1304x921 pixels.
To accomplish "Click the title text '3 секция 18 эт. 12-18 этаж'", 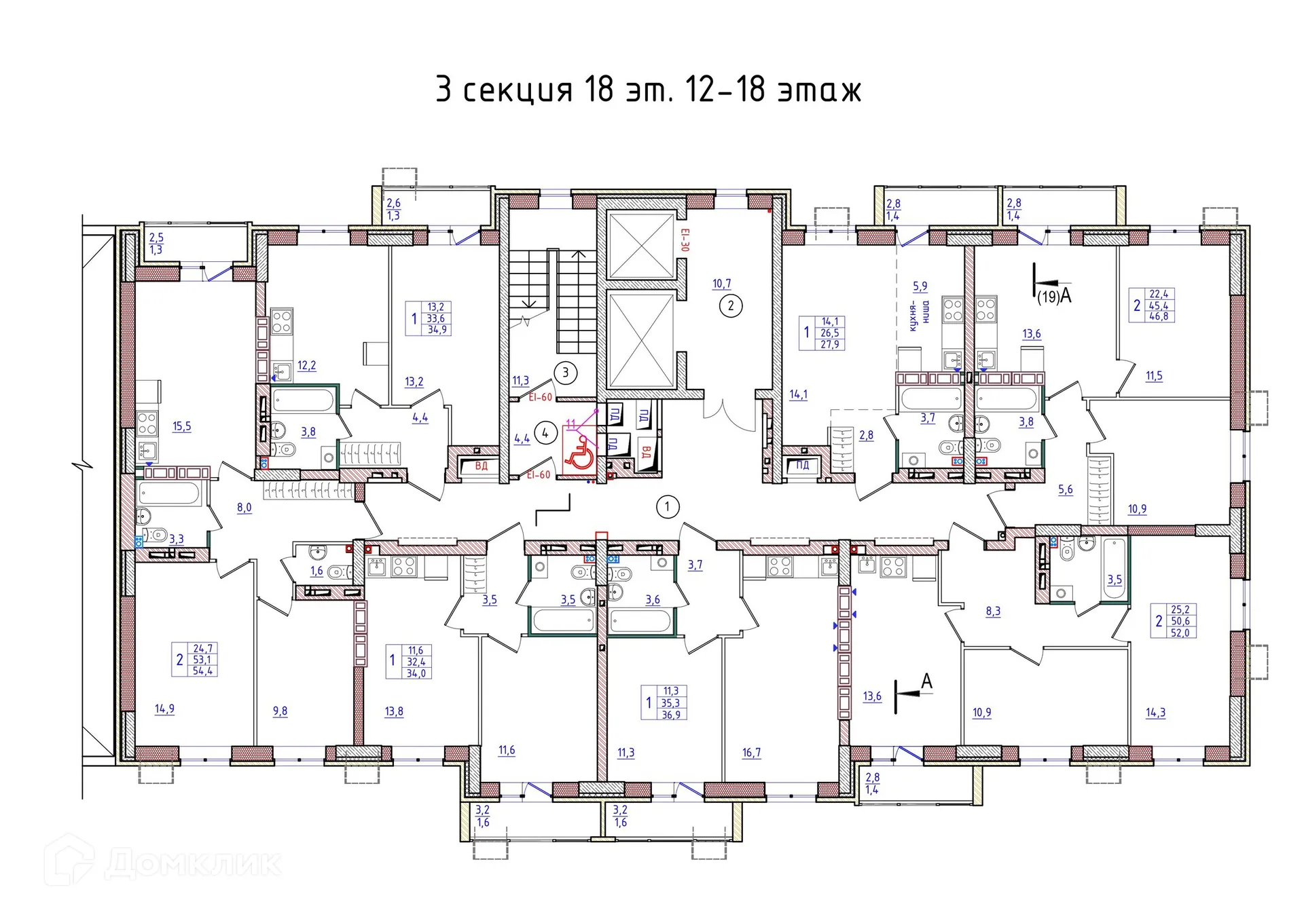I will coord(649,90).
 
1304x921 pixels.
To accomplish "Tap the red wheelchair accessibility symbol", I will coord(579,451).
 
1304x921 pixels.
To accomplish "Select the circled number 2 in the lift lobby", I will coord(731,305).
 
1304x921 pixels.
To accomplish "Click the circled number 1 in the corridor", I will coord(667,506).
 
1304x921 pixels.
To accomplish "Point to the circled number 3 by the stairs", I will coord(565,372).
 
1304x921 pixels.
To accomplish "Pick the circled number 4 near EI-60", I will coord(545,432).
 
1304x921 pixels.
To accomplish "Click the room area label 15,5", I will coord(181,426).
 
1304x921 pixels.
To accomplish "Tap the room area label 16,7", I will coord(751,752).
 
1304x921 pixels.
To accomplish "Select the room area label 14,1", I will coord(798,394).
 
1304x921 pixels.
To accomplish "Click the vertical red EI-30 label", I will coord(685,240).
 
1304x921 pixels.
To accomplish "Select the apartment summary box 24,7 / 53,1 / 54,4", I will coord(195,660).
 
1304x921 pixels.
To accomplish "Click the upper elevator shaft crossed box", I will coord(640,246).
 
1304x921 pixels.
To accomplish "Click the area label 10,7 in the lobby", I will coord(721,284).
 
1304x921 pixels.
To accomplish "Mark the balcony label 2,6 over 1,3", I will coord(393,209).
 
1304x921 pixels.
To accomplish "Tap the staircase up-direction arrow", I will coord(578,255).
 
